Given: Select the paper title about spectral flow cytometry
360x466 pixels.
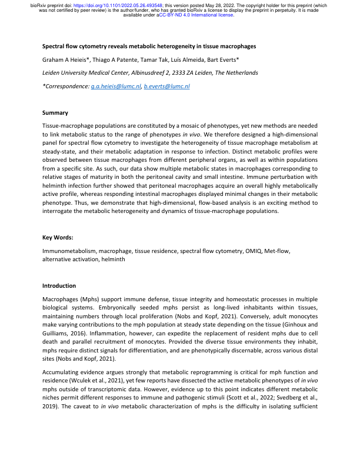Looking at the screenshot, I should coord(149,46).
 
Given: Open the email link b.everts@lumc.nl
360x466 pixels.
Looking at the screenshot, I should coord(167,86).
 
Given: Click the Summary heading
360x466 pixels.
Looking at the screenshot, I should coord(55,112).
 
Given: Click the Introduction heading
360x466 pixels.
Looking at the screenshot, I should coord(59,285).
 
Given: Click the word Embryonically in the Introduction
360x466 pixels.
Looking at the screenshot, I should coord(161,307).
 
